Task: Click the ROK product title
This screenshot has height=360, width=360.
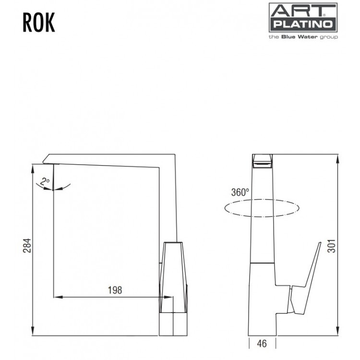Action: (x=39, y=22)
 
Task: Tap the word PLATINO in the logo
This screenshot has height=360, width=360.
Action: (x=303, y=24)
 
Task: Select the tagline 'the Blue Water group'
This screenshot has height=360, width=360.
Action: (x=303, y=37)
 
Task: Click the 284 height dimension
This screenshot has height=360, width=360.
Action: (x=27, y=246)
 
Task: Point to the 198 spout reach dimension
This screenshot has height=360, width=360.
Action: (x=115, y=290)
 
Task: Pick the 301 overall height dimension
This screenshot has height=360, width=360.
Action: (x=331, y=246)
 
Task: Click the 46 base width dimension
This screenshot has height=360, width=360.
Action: (x=262, y=344)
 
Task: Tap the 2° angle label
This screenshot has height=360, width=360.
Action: (x=45, y=181)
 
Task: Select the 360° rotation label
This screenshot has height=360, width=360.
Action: (x=240, y=192)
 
